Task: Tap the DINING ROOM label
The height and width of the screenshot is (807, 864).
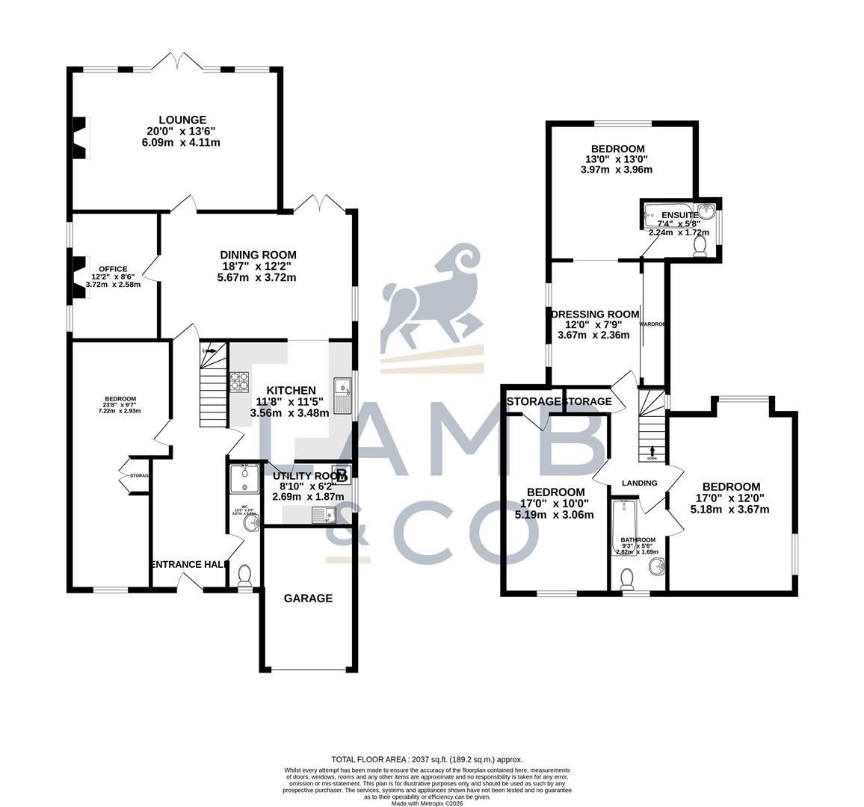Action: (258, 255)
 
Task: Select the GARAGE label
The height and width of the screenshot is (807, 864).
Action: (308, 598)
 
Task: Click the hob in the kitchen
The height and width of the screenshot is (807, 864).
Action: (239, 381)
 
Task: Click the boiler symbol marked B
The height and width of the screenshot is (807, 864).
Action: (342, 474)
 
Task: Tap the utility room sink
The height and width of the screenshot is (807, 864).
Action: (323, 514)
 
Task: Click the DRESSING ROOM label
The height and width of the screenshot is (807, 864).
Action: (595, 314)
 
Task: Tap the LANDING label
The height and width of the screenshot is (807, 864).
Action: (639, 483)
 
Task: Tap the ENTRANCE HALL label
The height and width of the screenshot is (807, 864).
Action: (188, 565)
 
